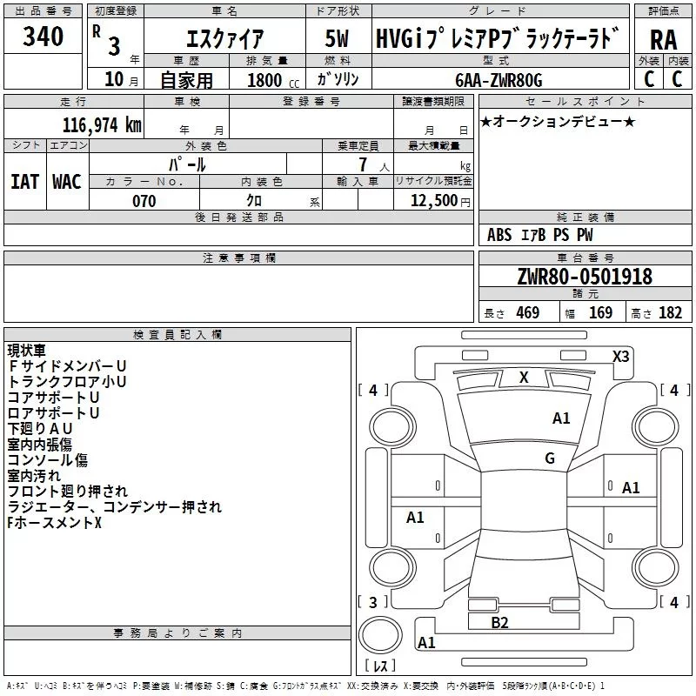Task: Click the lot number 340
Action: [x=43, y=37]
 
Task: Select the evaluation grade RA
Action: [x=663, y=39]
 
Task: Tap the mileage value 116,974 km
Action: [x=102, y=124]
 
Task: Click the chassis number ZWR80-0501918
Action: [x=585, y=277]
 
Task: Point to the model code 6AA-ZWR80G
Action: [x=499, y=80]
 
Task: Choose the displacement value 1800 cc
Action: [x=266, y=81]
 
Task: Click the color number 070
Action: [x=144, y=201]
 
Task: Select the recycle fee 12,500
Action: [x=434, y=201]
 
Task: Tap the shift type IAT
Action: [x=25, y=181]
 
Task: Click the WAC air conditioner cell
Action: [x=67, y=181]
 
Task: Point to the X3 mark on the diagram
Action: [x=620, y=356]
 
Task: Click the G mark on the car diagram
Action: [x=549, y=458]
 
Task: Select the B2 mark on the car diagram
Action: [x=499, y=622]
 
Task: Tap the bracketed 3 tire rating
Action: [x=373, y=601]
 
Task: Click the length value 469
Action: [x=527, y=313]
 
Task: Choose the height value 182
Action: [x=670, y=313]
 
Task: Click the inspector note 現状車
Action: [x=29, y=351]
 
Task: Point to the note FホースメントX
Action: [x=54, y=523]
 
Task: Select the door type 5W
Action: [x=337, y=39]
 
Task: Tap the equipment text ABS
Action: [x=499, y=235]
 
